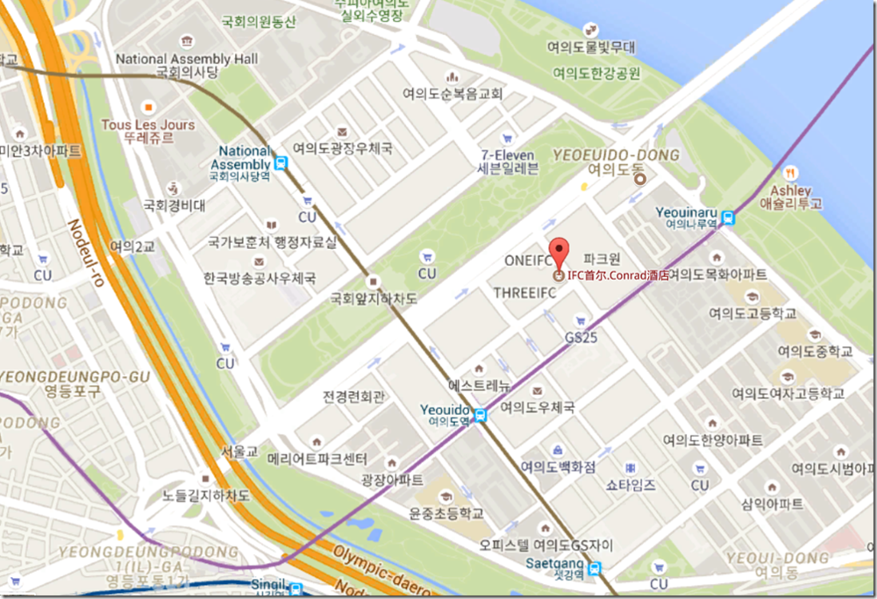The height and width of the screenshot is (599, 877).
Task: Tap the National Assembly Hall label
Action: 187,59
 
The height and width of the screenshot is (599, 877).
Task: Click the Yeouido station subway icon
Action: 480,416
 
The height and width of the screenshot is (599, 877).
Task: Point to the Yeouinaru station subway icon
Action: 729,220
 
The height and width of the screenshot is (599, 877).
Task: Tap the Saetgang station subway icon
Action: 595,567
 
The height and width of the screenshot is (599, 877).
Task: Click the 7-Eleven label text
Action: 509,155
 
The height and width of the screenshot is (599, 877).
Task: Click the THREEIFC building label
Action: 524,292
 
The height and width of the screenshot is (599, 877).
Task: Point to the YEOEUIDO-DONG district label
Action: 617,155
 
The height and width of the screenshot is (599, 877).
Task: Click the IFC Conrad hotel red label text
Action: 618,275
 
